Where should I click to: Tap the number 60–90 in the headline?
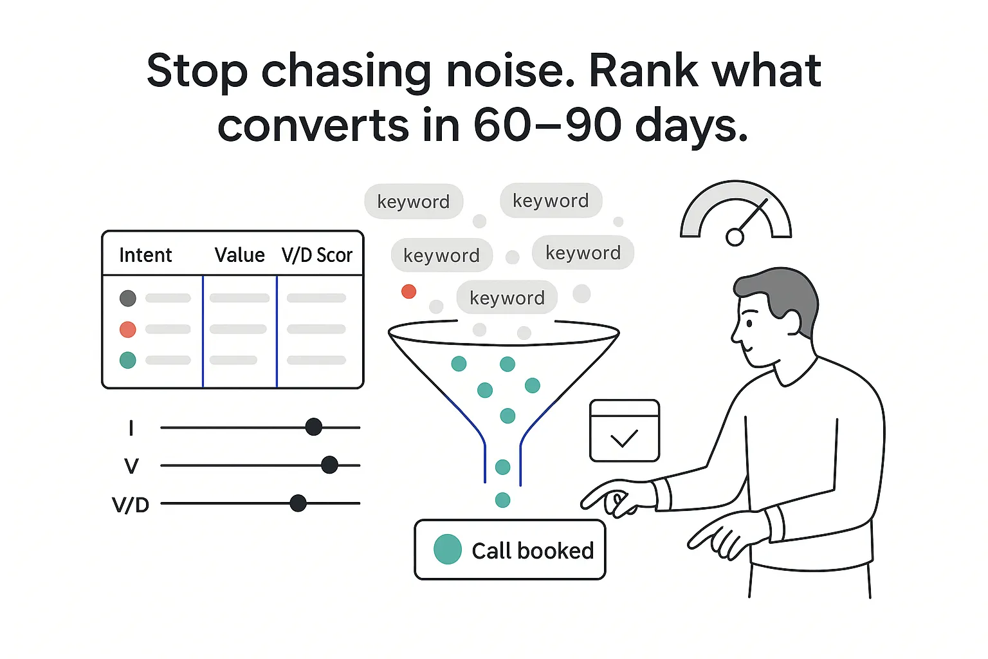click(x=547, y=125)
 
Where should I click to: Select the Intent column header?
click(x=145, y=255)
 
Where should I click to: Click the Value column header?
click(x=239, y=255)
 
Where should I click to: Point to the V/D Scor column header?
click(x=317, y=255)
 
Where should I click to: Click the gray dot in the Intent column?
click(x=128, y=298)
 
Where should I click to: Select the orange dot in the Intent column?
click(x=128, y=329)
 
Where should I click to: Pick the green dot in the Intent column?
click(x=128, y=360)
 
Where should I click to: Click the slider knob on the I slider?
click(x=314, y=427)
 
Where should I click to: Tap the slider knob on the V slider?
click(x=329, y=465)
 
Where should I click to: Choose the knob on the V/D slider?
click(x=298, y=503)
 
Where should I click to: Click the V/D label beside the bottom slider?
click(x=131, y=505)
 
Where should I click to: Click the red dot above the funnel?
click(x=408, y=292)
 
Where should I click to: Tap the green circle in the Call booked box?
click(x=448, y=550)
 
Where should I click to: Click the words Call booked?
click(x=533, y=551)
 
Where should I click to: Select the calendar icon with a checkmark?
click(x=625, y=431)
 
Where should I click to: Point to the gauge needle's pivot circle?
click(x=735, y=237)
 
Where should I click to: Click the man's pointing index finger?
click(x=595, y=496)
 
